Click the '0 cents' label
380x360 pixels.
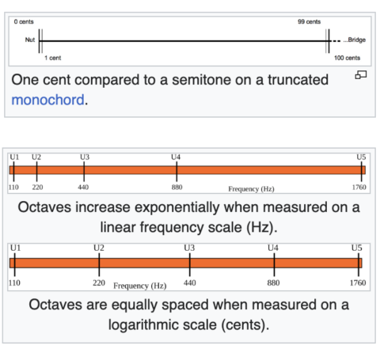coord(24,21)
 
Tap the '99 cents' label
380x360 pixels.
coord(309,21)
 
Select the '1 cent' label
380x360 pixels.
coord(52,58)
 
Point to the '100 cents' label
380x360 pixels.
coord(347,58)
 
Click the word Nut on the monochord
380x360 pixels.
coord(30,40)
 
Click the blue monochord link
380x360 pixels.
coord(47,100)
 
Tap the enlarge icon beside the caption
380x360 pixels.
coord(361,75)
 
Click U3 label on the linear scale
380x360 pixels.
coord(85,157)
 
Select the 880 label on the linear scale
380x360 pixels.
coord(177,188)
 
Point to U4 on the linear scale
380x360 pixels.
coord(176,157)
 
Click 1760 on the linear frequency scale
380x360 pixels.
coord(359,188)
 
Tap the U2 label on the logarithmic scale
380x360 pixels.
coord(99,248)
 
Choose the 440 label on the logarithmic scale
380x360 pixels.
coord(190,283)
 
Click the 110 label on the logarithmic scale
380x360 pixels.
coord(14,283)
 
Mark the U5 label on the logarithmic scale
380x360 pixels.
coord(356,248)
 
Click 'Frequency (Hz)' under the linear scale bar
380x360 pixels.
coord(251,189)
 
